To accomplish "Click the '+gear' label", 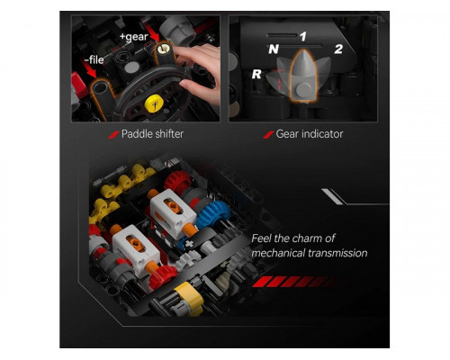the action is pyautogui.click(x=134, y=37).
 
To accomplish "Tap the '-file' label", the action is pyautogui.click(x=94, y=59).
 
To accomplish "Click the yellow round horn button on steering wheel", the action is pyautogui.click(x=154, y=103).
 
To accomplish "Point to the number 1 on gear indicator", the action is pyautogui.click(x=303, y=37).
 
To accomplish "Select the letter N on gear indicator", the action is pyautogui.click(x=274, y=49).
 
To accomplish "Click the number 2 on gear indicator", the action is pyautogui.click(x=338, y=49).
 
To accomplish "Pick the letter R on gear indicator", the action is pyautogui.click(x=256, y=74).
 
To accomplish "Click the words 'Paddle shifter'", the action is pyautogui.click(x=152, y=134).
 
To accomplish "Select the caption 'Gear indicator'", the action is pyautogui.click(x=310, y=134).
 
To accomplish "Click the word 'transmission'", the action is pyautogui.click(x=337, y=253).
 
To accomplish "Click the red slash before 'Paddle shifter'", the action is pyautogui.click(x=113, y=135).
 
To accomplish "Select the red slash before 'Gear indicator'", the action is pyautogui.click(x=268, y=135).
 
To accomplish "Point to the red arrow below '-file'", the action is pyautogui.click(x=91, y=71).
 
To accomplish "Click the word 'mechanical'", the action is pyautogui.click(x=278, y=253).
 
